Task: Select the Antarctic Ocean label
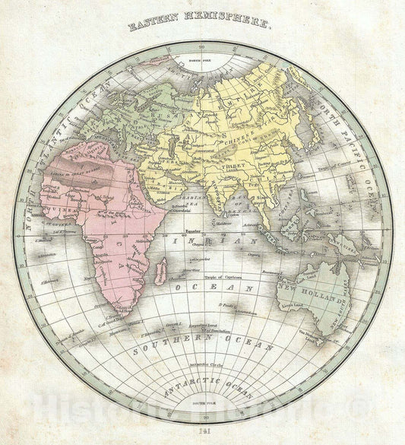point(201,377)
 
